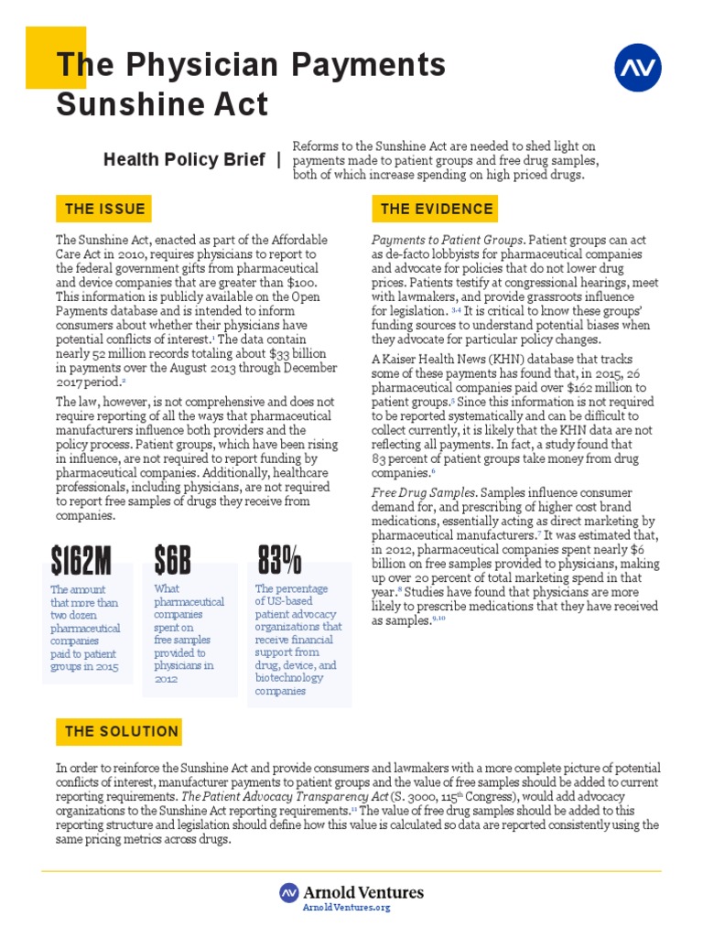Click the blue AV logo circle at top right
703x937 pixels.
638,68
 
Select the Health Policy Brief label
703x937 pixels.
183,159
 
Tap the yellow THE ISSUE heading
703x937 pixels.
104,209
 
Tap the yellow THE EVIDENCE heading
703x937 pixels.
437,209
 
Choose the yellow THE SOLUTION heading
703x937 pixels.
121,731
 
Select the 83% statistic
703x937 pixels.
280,558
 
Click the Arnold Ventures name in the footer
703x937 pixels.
364,892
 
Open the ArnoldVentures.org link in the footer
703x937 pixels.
347,908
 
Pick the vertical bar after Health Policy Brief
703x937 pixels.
278,159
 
